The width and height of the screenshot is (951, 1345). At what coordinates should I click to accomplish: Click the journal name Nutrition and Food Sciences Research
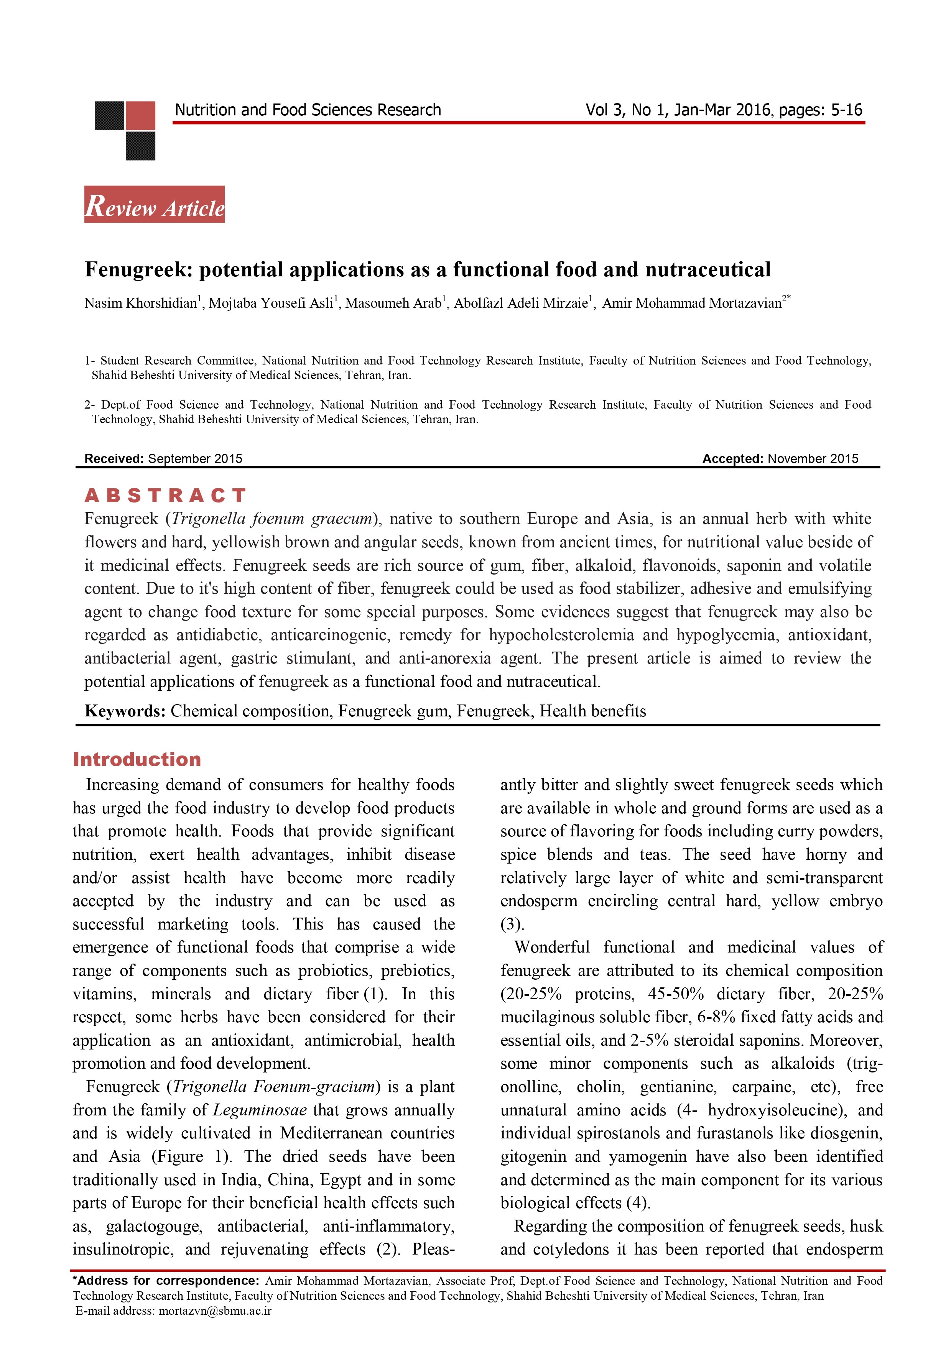pos(308,110)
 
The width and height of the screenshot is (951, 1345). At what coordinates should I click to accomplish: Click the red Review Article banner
pos(155,205)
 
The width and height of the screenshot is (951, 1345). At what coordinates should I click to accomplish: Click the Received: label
pos(114,459)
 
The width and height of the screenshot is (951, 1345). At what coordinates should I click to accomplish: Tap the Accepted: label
pos(732,459)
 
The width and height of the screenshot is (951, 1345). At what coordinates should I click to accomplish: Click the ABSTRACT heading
pos(165,496)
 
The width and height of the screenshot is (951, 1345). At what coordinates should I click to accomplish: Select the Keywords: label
pos(125,711)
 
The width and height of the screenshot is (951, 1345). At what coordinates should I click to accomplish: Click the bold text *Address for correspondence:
pos(166,1281)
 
